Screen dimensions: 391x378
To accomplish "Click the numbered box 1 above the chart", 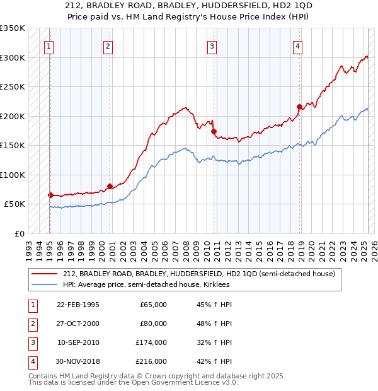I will coord(49,45).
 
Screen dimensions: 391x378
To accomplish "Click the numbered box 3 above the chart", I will coord(212,45).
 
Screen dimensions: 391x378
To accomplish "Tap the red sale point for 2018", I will coord(299,107).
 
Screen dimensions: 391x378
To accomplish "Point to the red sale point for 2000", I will coord(110,186).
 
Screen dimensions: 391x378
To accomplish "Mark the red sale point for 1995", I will coord(50,195).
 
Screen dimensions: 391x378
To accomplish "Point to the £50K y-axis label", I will coord(14,204).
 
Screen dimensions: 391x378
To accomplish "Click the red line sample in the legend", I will coord(45,274).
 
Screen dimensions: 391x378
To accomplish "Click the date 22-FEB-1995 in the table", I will coord(77,305).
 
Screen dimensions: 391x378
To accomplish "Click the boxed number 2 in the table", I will coord(31,324).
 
